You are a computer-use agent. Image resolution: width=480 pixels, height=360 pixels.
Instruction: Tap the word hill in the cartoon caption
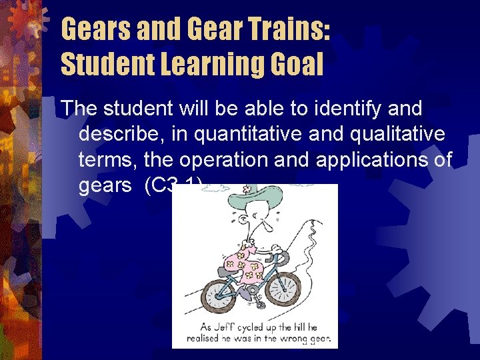tap(294, 328)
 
